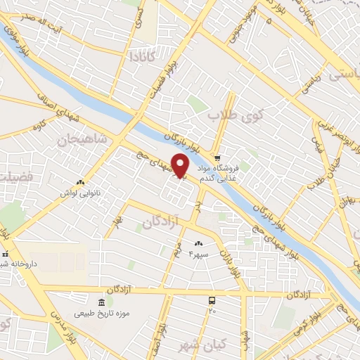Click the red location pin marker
click(180, 165)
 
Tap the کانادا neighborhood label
click(142, 55)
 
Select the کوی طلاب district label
click(233, 114)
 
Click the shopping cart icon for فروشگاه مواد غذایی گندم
click(219, 157)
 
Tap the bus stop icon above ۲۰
click(212, 300)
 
